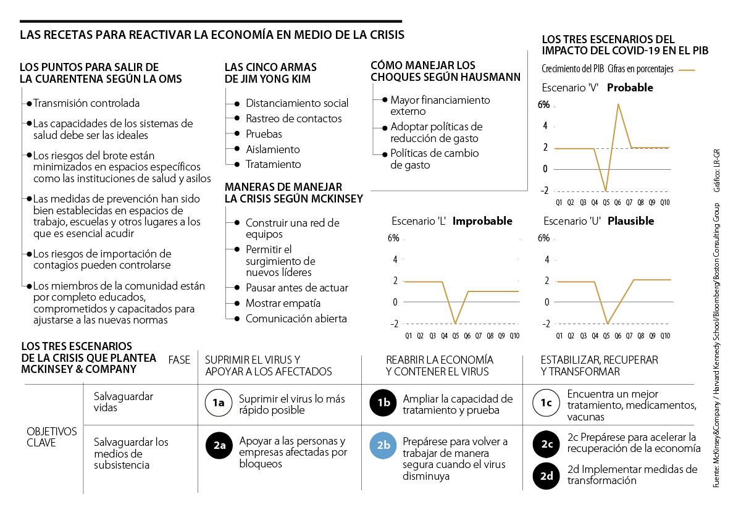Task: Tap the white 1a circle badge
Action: pos(218,403)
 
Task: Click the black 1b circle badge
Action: pos(383,403)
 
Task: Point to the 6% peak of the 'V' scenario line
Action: pos(618,104)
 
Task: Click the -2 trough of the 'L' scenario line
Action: pos(456,324)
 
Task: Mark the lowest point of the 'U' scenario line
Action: pos(607,324)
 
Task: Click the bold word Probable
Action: pos(630,88)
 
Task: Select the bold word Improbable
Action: pos(482,221)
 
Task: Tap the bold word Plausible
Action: pos(630,221)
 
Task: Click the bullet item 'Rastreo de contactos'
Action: pos(293,119)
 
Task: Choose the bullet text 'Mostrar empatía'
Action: pos(283,303)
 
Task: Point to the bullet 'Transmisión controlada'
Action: pos(86,103)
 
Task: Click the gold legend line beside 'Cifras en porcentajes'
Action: pos(687,70)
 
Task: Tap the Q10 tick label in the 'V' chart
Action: pos(665,201)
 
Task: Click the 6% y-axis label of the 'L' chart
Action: pos(393,239)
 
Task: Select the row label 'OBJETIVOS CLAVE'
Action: pos(52,437)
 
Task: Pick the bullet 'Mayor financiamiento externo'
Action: pos(440,106)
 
